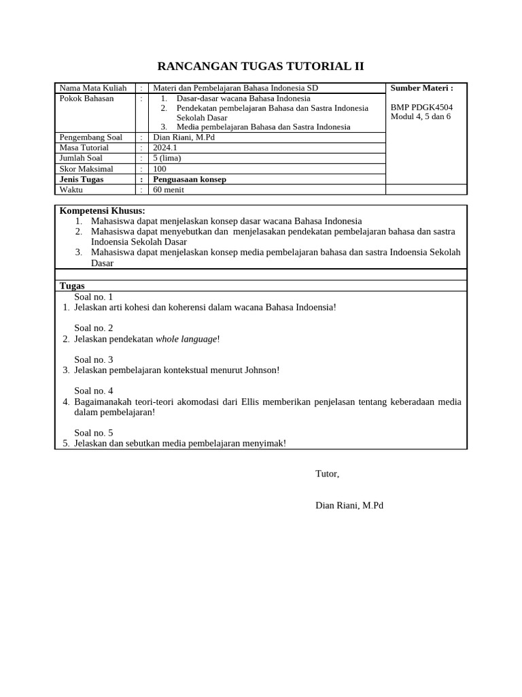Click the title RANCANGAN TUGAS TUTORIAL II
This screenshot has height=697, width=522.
[260, 66]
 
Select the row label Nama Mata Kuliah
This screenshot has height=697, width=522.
[93, 88]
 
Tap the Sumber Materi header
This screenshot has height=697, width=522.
[421, 88]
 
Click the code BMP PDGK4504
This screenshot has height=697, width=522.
[421, 108]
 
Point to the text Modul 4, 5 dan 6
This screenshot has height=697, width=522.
[420, 116]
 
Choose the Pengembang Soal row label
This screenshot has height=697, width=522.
[91, 137]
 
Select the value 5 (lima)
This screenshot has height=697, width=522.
[167, 158]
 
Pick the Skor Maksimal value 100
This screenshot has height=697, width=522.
[160, 169]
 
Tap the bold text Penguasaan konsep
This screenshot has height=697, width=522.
[190, 179]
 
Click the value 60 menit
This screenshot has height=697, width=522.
[169, 190]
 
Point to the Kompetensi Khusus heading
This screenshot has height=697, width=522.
[103, 211]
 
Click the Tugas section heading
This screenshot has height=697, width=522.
[72, 286]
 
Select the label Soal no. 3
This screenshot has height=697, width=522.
[94, 359]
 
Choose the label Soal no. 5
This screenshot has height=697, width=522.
[94, 433]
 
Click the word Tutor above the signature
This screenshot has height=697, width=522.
[327, 474]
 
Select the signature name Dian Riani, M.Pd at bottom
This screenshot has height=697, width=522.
[349, 506]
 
